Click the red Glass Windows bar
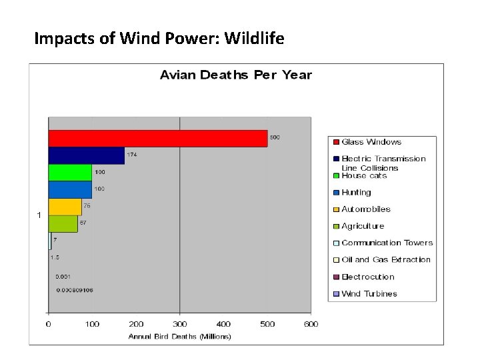157,138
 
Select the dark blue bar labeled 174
86,155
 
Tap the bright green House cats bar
70,172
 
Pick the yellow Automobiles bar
65,207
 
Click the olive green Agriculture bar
63,223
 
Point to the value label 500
275,137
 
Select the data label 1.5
55,257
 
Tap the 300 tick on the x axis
179,324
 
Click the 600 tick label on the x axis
311,324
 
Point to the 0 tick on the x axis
48,324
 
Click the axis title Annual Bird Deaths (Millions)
179,337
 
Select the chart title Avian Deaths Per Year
235,75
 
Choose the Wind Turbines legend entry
369,293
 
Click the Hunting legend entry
356,192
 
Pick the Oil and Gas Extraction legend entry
385,259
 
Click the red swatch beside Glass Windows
336,141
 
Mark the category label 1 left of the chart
39,215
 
